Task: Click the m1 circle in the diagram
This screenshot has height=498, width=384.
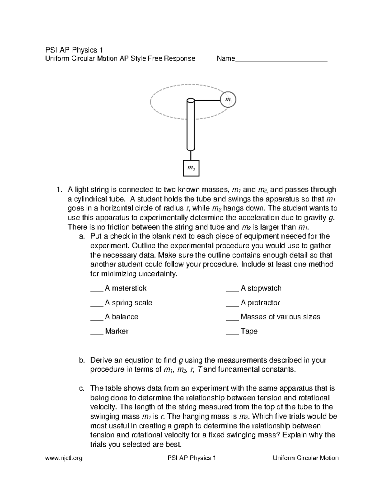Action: pyautogui.click(x=228, y=99)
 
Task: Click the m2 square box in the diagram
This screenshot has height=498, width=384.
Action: pyautogui.click(x=191, y=168)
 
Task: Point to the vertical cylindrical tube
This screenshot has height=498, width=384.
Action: pyautogui.click(x=191, y=125)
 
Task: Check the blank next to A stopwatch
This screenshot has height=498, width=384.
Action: pyautogui.click(x=232, y=289)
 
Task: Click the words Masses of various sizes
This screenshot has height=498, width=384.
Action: pyautogui.click(x=280, y=317)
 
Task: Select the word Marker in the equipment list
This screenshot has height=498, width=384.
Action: pyautogui.click(x=116, y=331)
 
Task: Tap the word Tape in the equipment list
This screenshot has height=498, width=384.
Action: pyautogui.click(x=249, y=331)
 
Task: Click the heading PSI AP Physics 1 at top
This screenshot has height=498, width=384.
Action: pyautogui.click(x=74, y=50)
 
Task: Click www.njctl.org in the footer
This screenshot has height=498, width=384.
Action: pyautogui.click(x=64, y=458)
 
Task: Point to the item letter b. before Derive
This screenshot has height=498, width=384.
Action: pyautogui.click(x=82, y=360)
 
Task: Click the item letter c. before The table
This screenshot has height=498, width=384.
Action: pyautogui.click(x=82, y=389)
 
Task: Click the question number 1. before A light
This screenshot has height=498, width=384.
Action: pyautogui.click(x=58, y=190)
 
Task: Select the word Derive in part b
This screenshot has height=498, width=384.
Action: pyautogui.click(x=100, y=360)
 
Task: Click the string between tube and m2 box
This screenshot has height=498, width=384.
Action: pyautogui.click(x=191, y=156)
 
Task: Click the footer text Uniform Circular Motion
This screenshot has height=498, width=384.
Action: pyautogui.click(x=305, y=458)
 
